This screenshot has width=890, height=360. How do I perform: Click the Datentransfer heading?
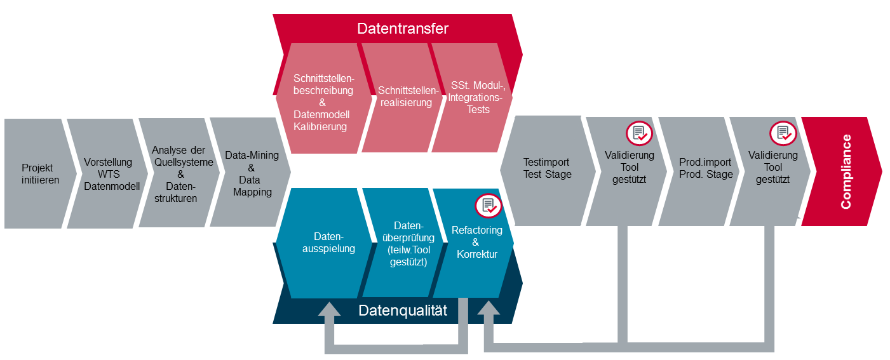402,29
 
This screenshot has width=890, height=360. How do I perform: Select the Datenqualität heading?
402,310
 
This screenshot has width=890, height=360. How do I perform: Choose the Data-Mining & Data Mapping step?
252,173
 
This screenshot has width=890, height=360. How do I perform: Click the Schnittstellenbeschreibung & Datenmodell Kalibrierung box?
322,102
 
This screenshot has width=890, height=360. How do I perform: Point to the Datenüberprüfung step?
403,243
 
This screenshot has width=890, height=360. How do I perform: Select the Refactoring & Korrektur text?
476,242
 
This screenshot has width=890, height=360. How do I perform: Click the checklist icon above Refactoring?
488,206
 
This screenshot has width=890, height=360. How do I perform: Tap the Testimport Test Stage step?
547,168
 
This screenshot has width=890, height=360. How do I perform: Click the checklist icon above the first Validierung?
638,133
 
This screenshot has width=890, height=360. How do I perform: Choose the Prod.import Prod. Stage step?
705,168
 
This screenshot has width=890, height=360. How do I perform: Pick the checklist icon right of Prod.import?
783,133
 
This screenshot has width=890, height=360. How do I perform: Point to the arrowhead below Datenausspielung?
329,310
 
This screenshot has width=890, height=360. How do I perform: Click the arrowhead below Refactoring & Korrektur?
489,310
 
